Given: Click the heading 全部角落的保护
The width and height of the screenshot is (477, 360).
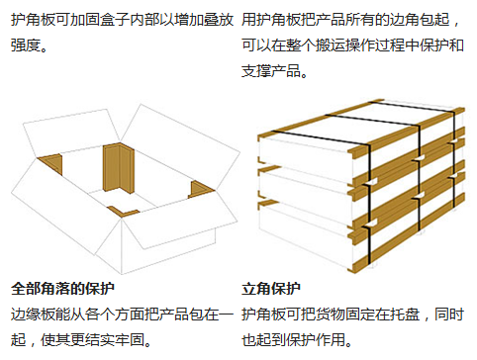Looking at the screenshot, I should coord(63,290).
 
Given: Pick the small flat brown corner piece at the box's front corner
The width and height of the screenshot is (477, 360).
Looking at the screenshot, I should coord(125,210).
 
